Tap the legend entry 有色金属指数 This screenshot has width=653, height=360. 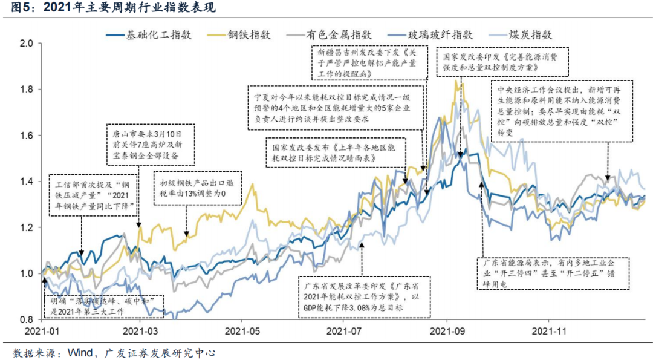pyautogui.click(x=339, y=34)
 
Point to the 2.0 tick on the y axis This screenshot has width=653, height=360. pyautogui.click(x=27, y=44)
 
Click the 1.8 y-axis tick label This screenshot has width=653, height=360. pyautogui.click(x=27, y=90)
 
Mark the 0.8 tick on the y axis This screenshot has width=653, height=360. pyautogui.click(x=27, y=319)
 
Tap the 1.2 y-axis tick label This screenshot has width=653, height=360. pyautogui.click(x=27, y=227)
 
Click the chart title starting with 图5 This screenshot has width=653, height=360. pyautogui.click(x=109, y=8)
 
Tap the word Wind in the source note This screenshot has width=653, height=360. pyautogui.click(x=79, y=352)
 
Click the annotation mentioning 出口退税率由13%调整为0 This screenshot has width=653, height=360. pyautogui.click(x=200, y=189)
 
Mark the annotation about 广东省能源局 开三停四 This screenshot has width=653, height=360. pyautogui.click(x=554, y=273)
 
